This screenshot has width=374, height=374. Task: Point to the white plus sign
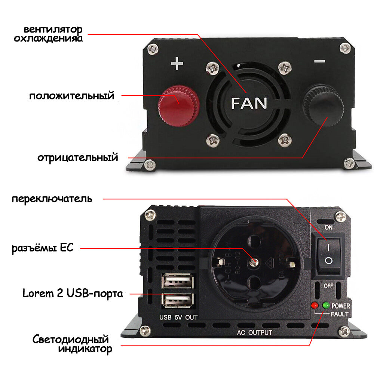pyautogui.click(x=177, y=64)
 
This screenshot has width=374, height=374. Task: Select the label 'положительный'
pyautogui.click(x=72, y=96)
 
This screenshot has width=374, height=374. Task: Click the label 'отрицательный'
pyautogui.click(x=78, y=157)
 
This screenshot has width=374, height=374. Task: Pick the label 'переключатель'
pyautogui.click(x=52, y=198)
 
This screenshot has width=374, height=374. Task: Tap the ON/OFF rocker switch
pyautogui.click(x=328, y=254)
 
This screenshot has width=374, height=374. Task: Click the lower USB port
pyautogui.click(x=178, y=300)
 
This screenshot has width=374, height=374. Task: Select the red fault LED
pyautogui.click(x=315, y=306)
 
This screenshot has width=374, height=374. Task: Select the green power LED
pyautogui.click(x=326, y=306)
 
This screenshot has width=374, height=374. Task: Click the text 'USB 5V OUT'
pyautogui.click(x=178, y=318)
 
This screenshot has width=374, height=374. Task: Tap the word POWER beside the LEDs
pyautogui.click(x=341, y=306)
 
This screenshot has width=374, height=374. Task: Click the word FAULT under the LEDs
pyautogui.click(x=340, y=314)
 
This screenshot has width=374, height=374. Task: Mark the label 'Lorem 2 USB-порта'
pyautogui.click(x=73, y=293)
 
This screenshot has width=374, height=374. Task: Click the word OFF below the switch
pyautogui.click(x=328, y=286)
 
